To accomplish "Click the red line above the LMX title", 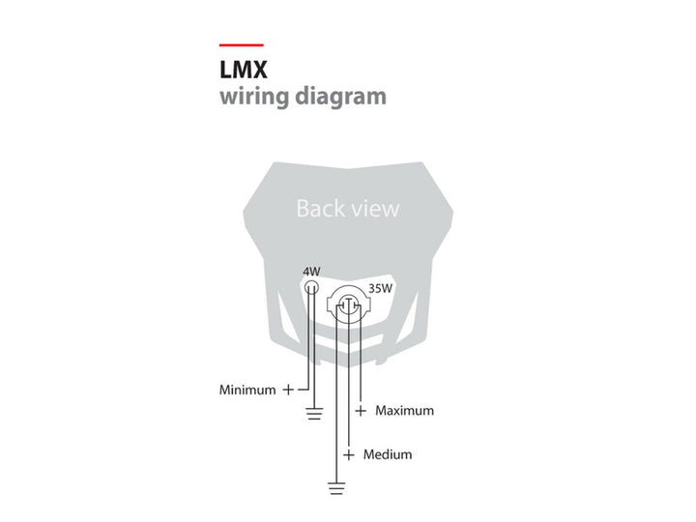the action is pos(242,44).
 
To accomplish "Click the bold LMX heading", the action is pos(244,70).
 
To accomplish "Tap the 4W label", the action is pos(311,272).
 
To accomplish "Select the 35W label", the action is pos(381,288).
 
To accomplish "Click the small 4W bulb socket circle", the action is pos(311,287).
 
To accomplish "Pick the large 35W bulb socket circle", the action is pos(349,304).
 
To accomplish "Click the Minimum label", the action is pos(247,391).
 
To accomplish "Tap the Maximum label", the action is pos(405,411).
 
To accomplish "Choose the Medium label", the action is pos(388,454).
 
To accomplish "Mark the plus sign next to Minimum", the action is pos(288,390).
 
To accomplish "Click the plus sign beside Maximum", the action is pos(361,411).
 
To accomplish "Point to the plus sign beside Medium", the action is pos(349,455).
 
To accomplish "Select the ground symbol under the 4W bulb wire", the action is pos(314,414).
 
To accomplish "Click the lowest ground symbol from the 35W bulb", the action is pos(337,488).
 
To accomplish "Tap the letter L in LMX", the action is pos(225,70).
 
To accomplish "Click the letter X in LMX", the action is pos(260,70).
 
